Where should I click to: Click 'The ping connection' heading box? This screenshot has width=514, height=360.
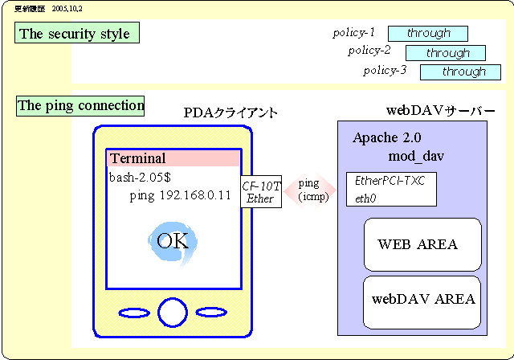(80, 105)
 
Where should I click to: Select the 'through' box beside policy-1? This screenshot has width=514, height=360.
(428, 34)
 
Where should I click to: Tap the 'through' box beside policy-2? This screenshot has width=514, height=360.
(446, 53)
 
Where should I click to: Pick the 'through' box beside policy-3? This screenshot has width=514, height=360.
(460, 72)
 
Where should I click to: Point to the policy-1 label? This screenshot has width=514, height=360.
(354, 33)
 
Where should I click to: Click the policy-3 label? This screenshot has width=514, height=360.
(385, 71)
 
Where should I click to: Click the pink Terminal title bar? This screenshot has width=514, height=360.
(173, 158)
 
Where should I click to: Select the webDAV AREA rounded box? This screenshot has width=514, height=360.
(422, 299)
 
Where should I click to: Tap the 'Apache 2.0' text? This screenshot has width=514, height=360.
(387, 137)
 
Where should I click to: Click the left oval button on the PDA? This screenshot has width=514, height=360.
(135, 312)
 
